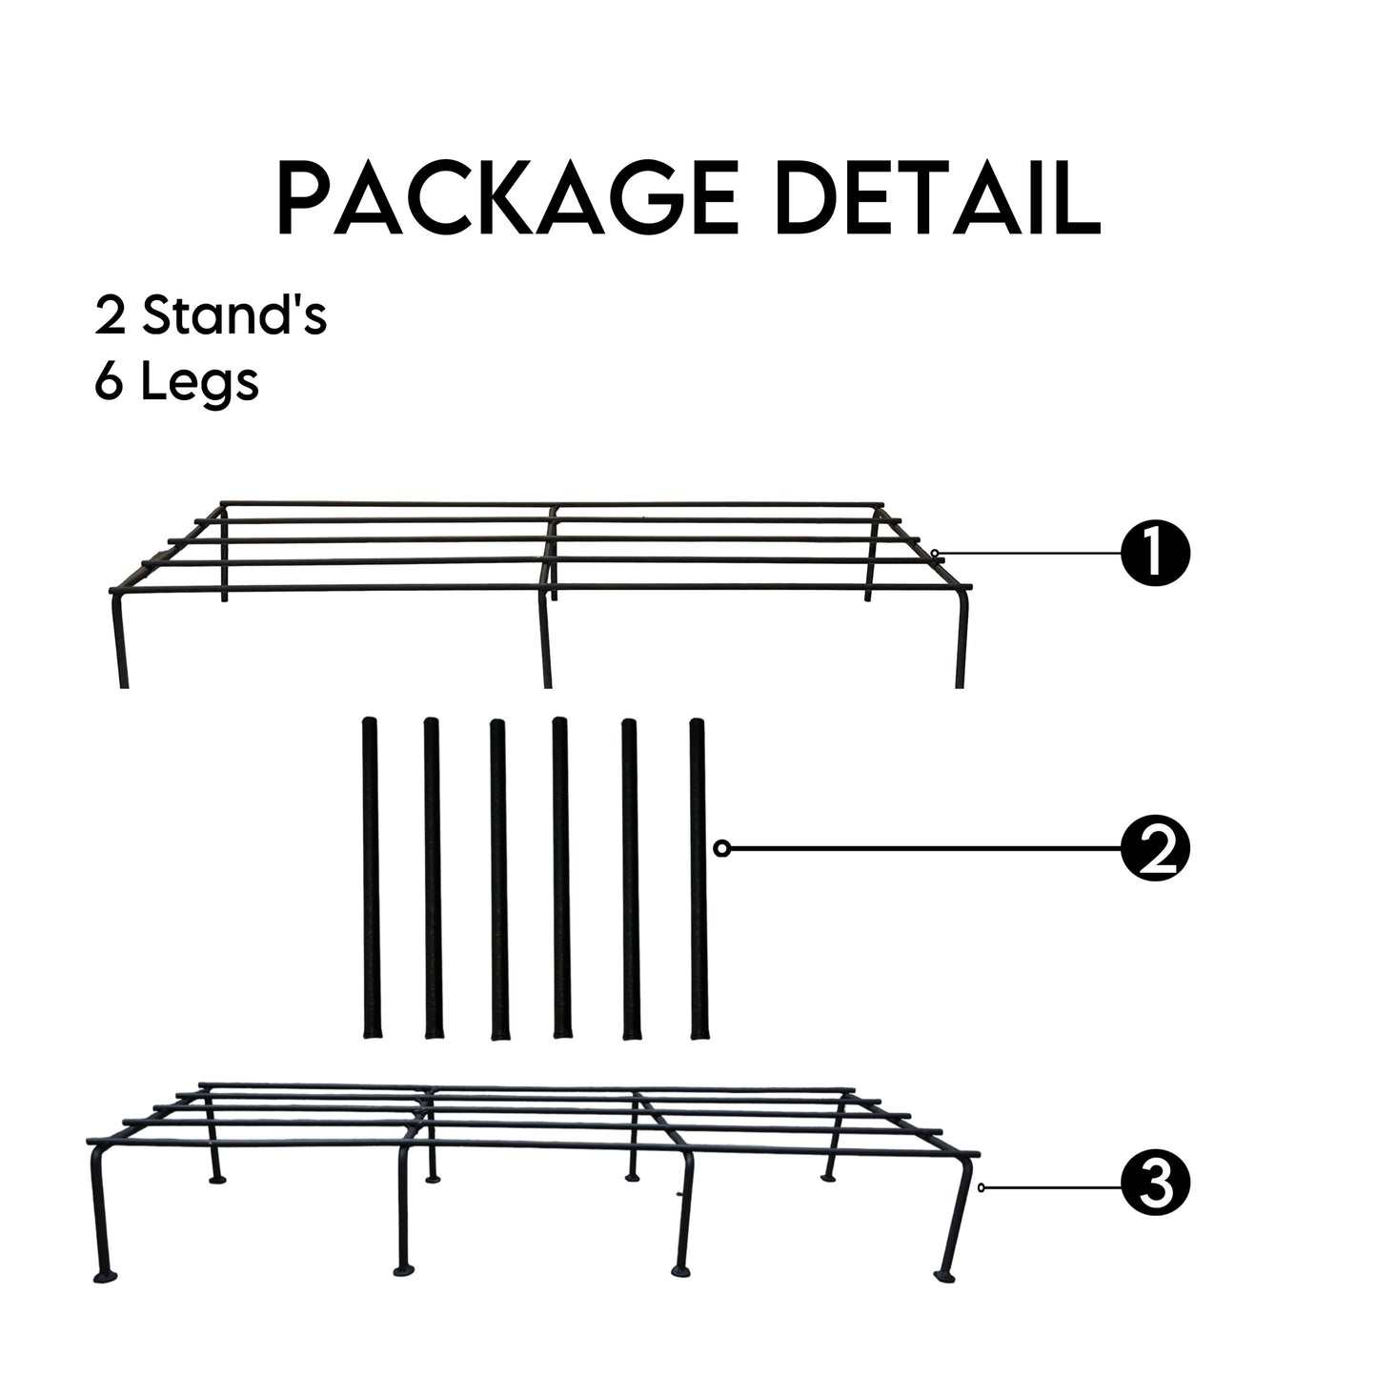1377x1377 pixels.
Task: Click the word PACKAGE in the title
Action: pos(507,197)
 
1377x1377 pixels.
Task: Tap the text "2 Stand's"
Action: pos(211,315)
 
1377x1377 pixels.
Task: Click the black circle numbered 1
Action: pos(1156,553)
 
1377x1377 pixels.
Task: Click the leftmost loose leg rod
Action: pos(372,878)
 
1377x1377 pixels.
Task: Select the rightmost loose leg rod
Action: pos(699,879)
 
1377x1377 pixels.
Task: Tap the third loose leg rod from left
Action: pos(498,880)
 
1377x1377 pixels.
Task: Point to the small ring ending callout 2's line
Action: pos(721,848)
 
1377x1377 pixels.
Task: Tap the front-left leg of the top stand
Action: pos(120,638)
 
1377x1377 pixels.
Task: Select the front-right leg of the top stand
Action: pos(962,638)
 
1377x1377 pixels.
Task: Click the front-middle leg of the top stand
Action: pos(545,638)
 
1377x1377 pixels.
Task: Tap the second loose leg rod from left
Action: pos(433,879)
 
